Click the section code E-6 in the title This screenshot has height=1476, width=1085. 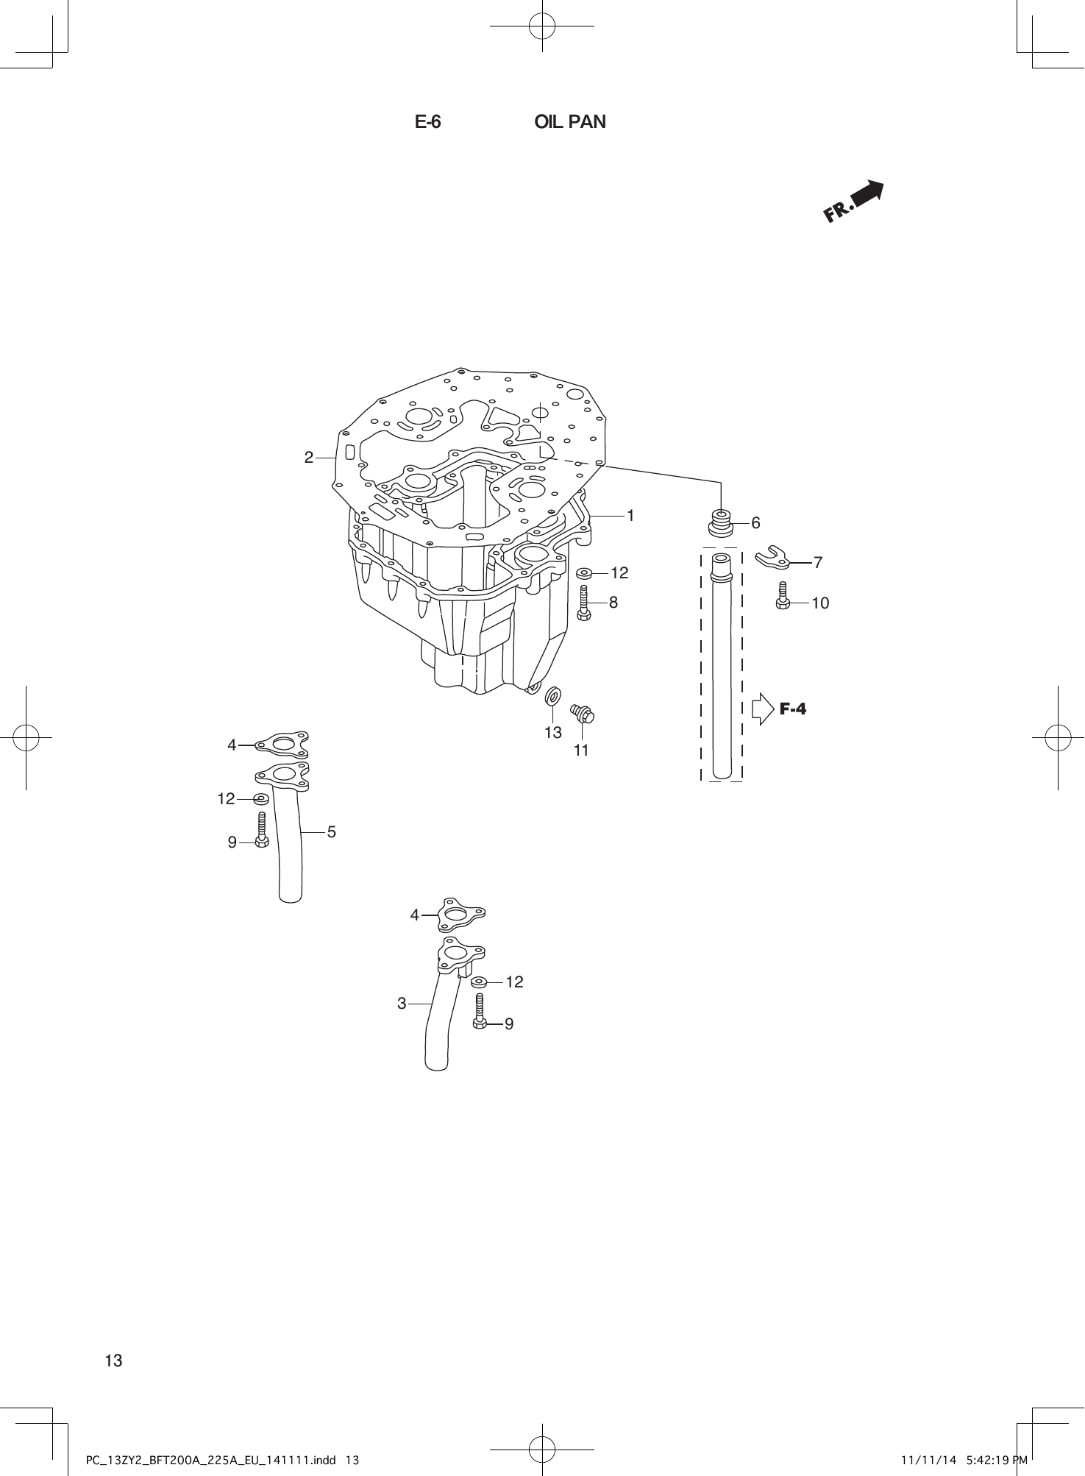click(427, 122)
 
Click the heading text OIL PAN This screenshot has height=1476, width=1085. click(570, 122)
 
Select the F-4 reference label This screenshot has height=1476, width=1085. click(792, 709)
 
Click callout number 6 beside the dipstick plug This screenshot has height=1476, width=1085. click(755, 523)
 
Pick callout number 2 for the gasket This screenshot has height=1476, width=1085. click(309, 457)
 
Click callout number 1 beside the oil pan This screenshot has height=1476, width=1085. click(630, 516)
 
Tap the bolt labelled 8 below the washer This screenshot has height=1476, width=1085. click(585, 603)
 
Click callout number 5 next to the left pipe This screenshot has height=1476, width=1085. click(332, 832)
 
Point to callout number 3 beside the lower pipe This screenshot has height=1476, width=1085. click(402, 1003)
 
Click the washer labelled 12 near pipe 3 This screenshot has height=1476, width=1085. click(480, 982)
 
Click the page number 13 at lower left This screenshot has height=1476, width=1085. click(114, 1360)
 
